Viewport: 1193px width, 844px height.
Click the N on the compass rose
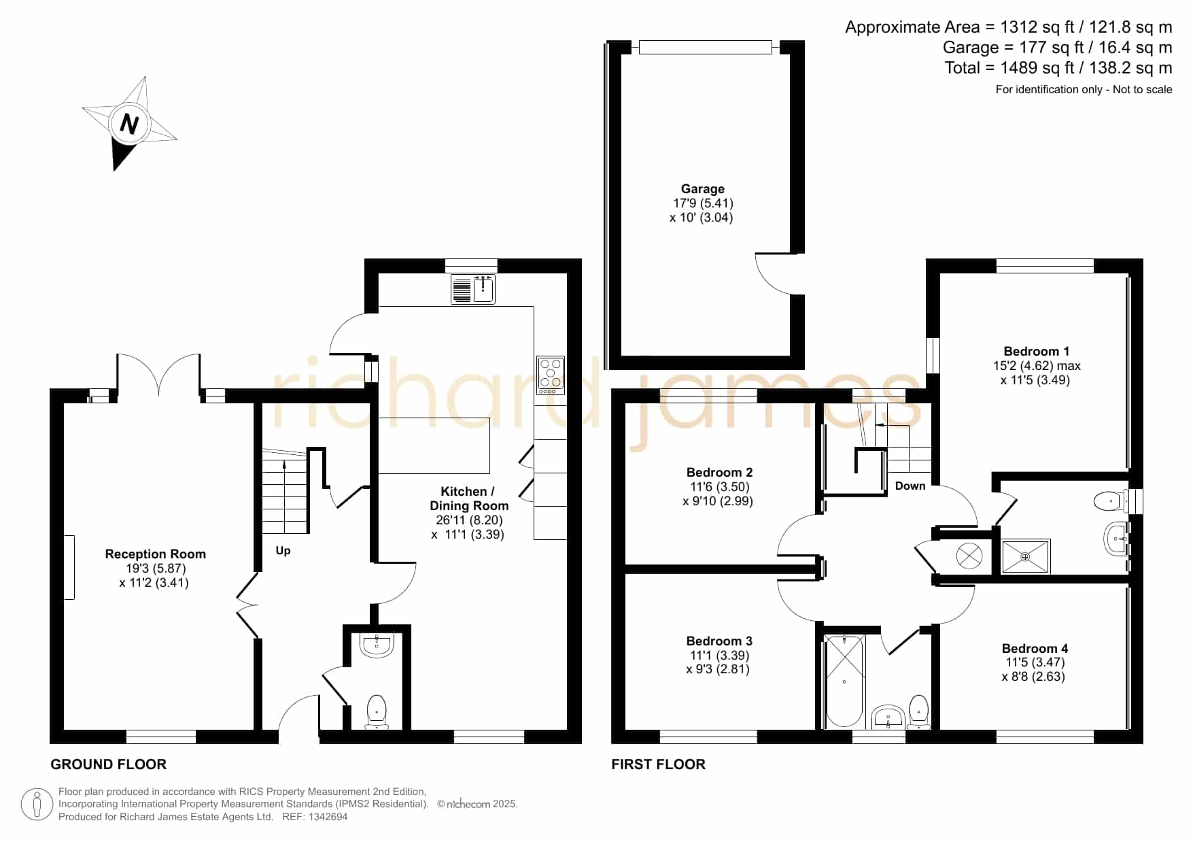[x=129, y=124]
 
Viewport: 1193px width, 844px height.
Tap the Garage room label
[x=703, y=189]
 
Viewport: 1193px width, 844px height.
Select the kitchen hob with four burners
[x=551, y=375]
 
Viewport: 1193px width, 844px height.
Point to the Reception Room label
[x=155, y=554]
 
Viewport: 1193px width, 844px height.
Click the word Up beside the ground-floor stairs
[x=283, y=550]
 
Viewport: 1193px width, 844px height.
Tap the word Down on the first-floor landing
[x=910, y=486]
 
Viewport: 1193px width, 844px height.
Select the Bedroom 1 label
[x=1036, y=352]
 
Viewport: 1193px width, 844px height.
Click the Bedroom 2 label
[x=719, y=473]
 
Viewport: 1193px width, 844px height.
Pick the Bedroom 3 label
[x=719, y=641]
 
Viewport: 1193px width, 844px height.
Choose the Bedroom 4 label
[x=1035, y=649]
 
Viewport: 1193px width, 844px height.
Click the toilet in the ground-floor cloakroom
[x=376, y=711]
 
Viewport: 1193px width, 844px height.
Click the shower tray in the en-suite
[x=1026, y=556]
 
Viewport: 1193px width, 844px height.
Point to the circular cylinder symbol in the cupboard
[x=969, y=556]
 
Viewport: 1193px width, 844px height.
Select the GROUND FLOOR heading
[x=109, y=764]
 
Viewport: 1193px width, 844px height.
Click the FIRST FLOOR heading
[x=658, y=764]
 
